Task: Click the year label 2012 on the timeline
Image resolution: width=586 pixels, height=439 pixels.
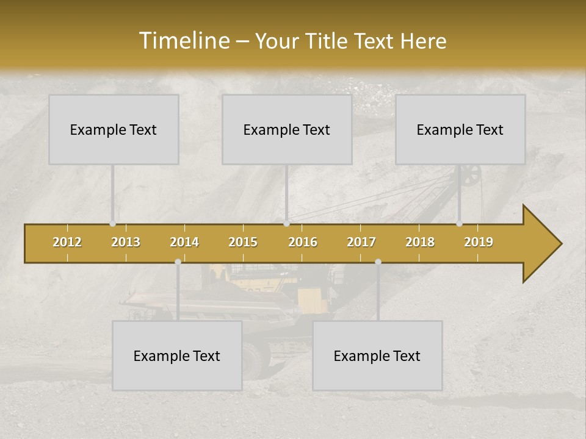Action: point(67,242)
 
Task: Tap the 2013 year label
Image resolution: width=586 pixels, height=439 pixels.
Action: point(126,242)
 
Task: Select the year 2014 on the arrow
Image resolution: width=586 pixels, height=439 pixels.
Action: point(184,242)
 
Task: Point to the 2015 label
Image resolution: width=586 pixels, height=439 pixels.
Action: point(243,242)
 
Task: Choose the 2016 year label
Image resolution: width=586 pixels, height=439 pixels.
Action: point(303,242)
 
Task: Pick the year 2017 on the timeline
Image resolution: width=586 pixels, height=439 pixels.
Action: point(361,242)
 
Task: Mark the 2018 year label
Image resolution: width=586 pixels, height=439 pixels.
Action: point(420,242)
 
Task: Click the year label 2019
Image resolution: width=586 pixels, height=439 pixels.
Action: point(479,242)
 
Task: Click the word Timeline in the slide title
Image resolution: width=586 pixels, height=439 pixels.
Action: point(183,41)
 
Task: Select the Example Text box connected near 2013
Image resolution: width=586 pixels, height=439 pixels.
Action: point(114,129)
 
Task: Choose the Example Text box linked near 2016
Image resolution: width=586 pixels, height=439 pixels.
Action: point(287,129)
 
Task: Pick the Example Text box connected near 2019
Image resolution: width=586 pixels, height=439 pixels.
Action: point(460,129)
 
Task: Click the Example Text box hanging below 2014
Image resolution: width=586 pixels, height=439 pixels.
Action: point(177,355)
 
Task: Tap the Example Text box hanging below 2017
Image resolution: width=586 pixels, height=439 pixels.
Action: point(377,355)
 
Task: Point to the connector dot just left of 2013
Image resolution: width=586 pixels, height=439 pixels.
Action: point(112,224)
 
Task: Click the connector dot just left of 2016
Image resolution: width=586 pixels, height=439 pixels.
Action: point(286,224)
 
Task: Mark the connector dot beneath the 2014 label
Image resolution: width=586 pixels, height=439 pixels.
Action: point(178,262)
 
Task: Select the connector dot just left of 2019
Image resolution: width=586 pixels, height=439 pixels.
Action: point(459,224)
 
